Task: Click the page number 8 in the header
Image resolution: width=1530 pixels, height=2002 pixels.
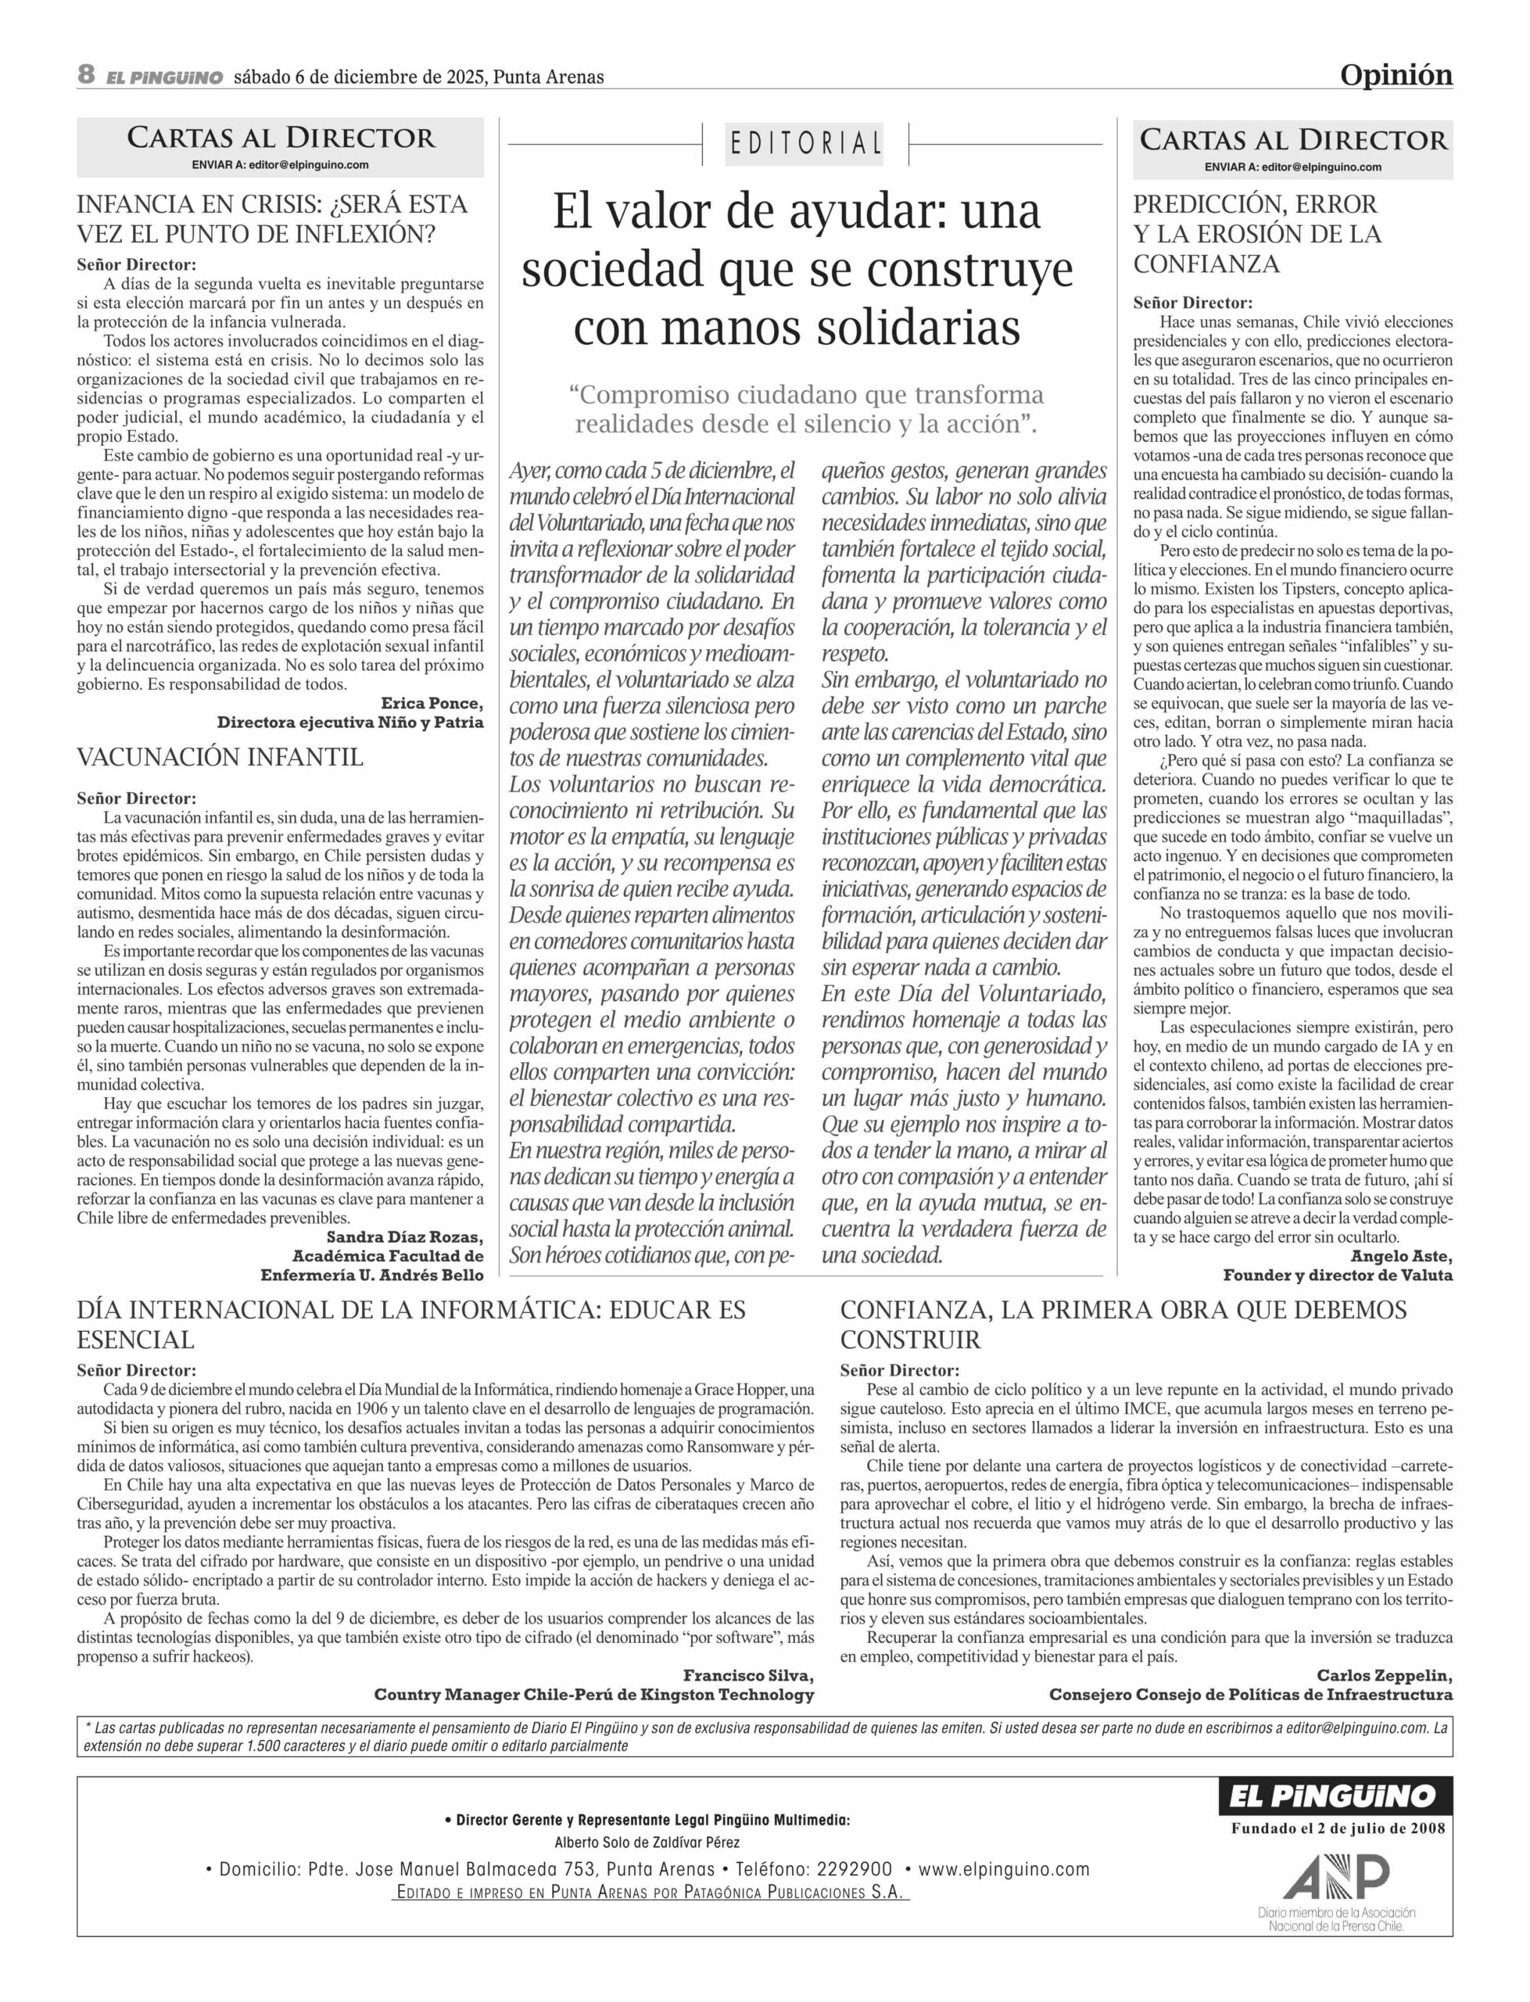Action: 87,75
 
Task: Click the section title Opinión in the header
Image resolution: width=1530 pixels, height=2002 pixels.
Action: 1396,75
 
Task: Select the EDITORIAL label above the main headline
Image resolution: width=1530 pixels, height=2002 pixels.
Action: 805,144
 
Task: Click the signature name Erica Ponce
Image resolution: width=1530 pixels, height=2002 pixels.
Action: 432,703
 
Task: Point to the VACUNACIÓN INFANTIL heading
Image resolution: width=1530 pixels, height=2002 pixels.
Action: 220,757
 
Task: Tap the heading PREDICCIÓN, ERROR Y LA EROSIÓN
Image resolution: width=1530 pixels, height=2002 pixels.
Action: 1257,234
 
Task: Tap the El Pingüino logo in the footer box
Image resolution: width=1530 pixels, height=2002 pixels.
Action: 1335,1796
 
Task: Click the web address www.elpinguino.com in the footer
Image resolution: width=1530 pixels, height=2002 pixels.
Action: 1004,1870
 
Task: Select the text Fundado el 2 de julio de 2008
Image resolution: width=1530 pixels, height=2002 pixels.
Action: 1337,1828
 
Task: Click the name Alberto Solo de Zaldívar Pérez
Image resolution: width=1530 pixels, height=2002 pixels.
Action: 647,1843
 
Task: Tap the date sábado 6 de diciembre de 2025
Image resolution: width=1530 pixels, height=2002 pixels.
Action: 360,77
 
